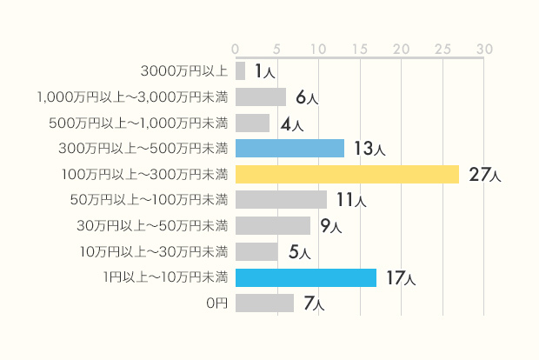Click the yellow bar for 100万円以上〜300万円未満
[x=347, y=175]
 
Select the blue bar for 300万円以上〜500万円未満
[x=289, y=149]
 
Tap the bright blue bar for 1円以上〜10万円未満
[x=306, y=277]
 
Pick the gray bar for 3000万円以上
[x=240, y=70]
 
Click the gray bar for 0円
[x=264, y=303]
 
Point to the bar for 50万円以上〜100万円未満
[x=281, y=200]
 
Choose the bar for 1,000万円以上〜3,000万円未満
[x=260, y=97]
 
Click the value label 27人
[x=484, y=175]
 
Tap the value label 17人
[x=401, y=278]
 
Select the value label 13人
[x=369, y=150]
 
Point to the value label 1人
[x=264, y=71]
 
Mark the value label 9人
[x=330, y=227]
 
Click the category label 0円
[x=216, y=303]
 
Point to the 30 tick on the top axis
[x=484, y=47]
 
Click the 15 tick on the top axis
[x=359, y=47]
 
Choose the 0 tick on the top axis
[x=236, y=47]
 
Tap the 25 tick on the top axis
[x=443, y=47]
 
